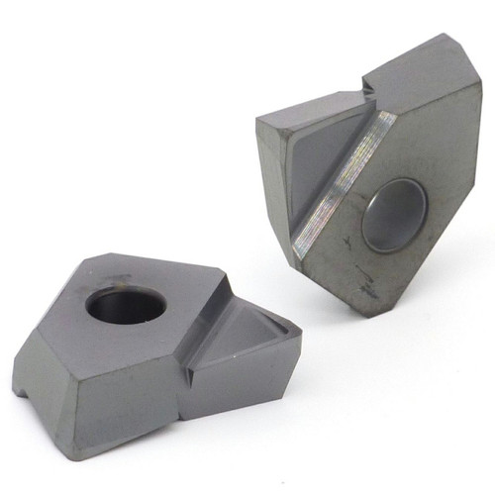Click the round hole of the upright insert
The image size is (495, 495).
393,214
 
